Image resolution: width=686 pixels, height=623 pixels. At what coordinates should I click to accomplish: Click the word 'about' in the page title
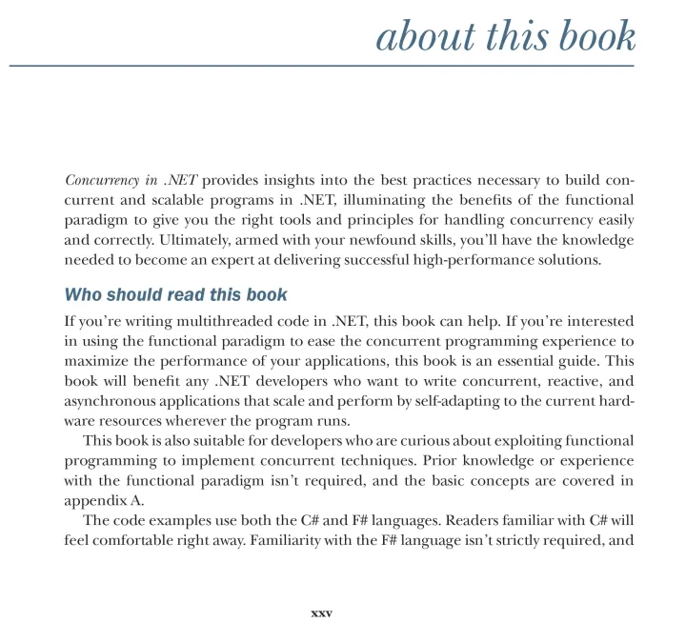pos(414,36)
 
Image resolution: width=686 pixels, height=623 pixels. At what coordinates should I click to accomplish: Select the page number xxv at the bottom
pos(321,612)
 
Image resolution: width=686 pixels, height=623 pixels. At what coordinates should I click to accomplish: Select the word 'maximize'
pos(96,362)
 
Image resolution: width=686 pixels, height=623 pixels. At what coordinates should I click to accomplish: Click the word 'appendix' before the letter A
pos(92,502)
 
